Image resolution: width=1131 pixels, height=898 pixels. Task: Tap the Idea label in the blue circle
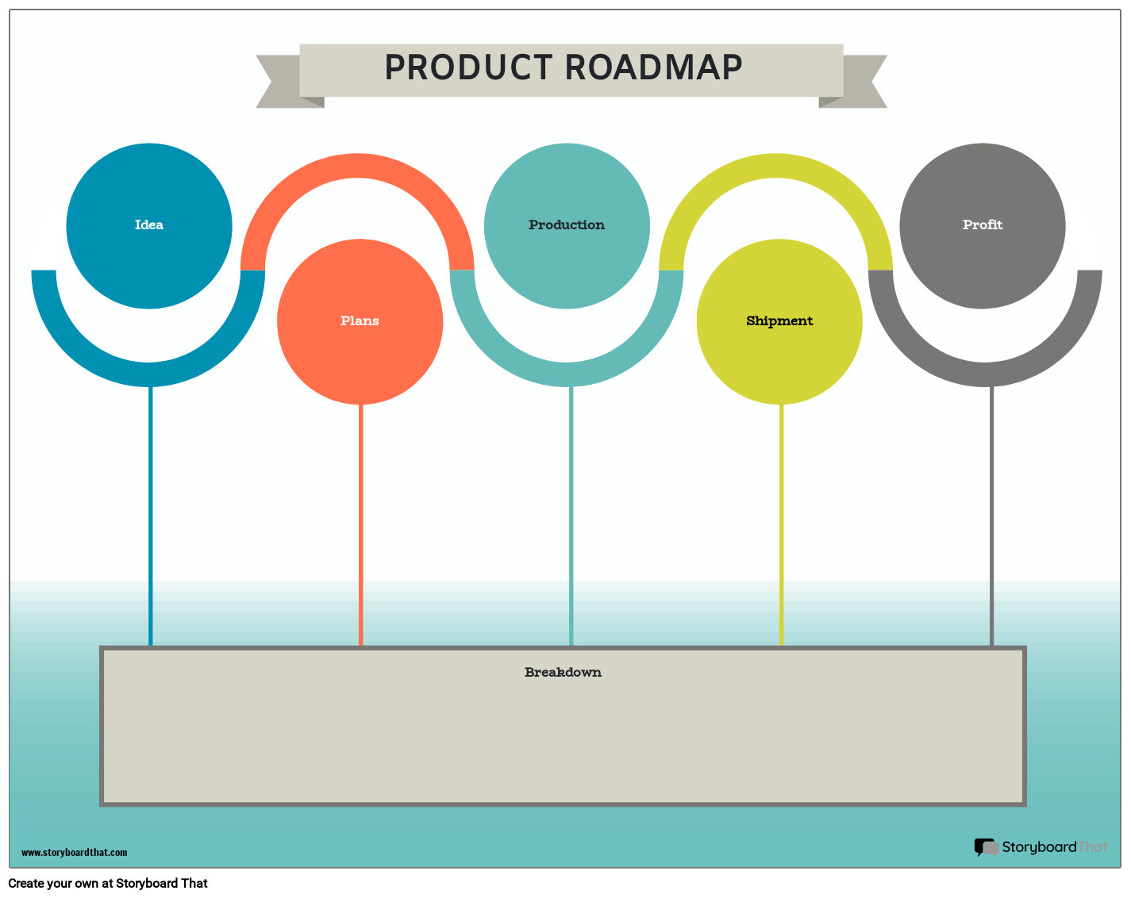[x=149, y=225]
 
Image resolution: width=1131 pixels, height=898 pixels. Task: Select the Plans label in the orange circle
[x=360, y=321]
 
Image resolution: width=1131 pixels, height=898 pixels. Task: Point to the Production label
[x=567, y=225]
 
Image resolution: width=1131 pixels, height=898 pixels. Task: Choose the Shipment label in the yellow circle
[x=779, y=321]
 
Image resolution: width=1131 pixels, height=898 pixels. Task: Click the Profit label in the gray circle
[x=983, y=225]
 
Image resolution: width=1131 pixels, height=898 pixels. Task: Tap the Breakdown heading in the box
[x=563, y=673]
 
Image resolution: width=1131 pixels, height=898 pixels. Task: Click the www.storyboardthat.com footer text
[x=74, y=853]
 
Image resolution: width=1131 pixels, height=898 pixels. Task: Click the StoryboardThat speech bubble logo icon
[x=987, y=848]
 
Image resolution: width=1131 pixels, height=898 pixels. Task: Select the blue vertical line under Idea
[x=151, y=516]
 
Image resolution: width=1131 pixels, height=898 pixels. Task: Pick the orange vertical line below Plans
[x=361, y=524]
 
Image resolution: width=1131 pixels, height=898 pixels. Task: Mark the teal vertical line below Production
[x=571, y=516]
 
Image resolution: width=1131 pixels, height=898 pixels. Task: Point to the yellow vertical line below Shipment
[x=781, y=524]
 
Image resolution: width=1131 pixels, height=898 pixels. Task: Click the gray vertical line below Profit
[x=991, y=516]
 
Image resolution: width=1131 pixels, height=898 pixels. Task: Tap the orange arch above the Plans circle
[x=357, y=166]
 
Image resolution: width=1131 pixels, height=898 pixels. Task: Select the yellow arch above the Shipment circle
[x=776, y=166]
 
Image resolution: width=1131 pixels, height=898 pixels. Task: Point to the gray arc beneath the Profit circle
[x=985, y=374]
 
